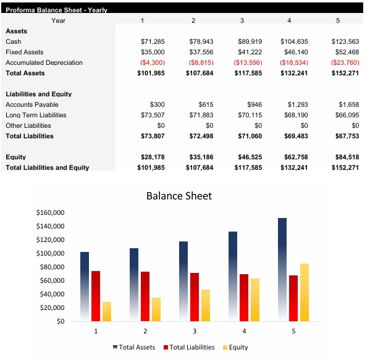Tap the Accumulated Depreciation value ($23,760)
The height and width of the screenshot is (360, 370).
tap(345, 62)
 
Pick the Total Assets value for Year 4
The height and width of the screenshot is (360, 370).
tap(294, 73)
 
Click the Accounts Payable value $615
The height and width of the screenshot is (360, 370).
tap(204, 104)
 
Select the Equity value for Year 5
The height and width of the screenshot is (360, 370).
tap(345, 157)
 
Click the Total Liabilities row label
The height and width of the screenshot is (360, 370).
tap(30, 136)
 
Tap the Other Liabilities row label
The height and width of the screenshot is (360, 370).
tap(28, 125)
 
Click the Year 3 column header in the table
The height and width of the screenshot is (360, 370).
tap(242, 20)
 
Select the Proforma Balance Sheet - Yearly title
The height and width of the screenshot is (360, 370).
tap(56, 10)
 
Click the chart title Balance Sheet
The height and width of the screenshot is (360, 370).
tap(179, 196)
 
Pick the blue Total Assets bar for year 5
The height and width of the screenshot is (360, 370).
tap(282, 269)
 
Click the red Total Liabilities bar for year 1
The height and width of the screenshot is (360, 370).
tap(96, 296)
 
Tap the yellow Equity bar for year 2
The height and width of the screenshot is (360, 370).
tap(156, 309)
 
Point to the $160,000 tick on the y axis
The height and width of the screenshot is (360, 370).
tap(51, 212)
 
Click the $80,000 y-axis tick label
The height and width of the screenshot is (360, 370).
tap(53, 267)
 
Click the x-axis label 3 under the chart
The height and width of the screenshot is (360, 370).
tap(195, 331)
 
